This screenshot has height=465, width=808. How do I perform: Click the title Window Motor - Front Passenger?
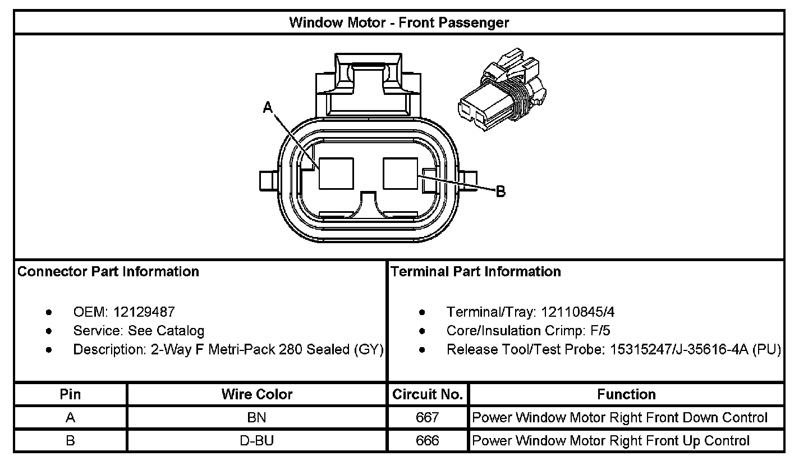399,22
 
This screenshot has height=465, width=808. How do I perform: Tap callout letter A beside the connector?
268,107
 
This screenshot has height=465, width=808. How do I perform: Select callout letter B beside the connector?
501,192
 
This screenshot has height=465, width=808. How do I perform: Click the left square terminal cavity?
336,173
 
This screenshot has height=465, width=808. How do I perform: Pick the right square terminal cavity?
400,173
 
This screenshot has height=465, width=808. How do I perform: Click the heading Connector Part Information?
108,272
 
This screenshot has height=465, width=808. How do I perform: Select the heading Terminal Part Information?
475,272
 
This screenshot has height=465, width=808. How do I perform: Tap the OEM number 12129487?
144,312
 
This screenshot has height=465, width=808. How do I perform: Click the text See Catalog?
166,331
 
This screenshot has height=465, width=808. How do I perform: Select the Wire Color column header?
257,394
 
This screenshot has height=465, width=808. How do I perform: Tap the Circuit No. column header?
428,394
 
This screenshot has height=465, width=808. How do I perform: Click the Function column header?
626,394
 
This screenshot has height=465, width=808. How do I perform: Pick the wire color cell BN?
257,418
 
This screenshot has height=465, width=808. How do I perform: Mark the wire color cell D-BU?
257,441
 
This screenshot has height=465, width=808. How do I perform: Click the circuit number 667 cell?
428,418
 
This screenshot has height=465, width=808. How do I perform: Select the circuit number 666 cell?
428,441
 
